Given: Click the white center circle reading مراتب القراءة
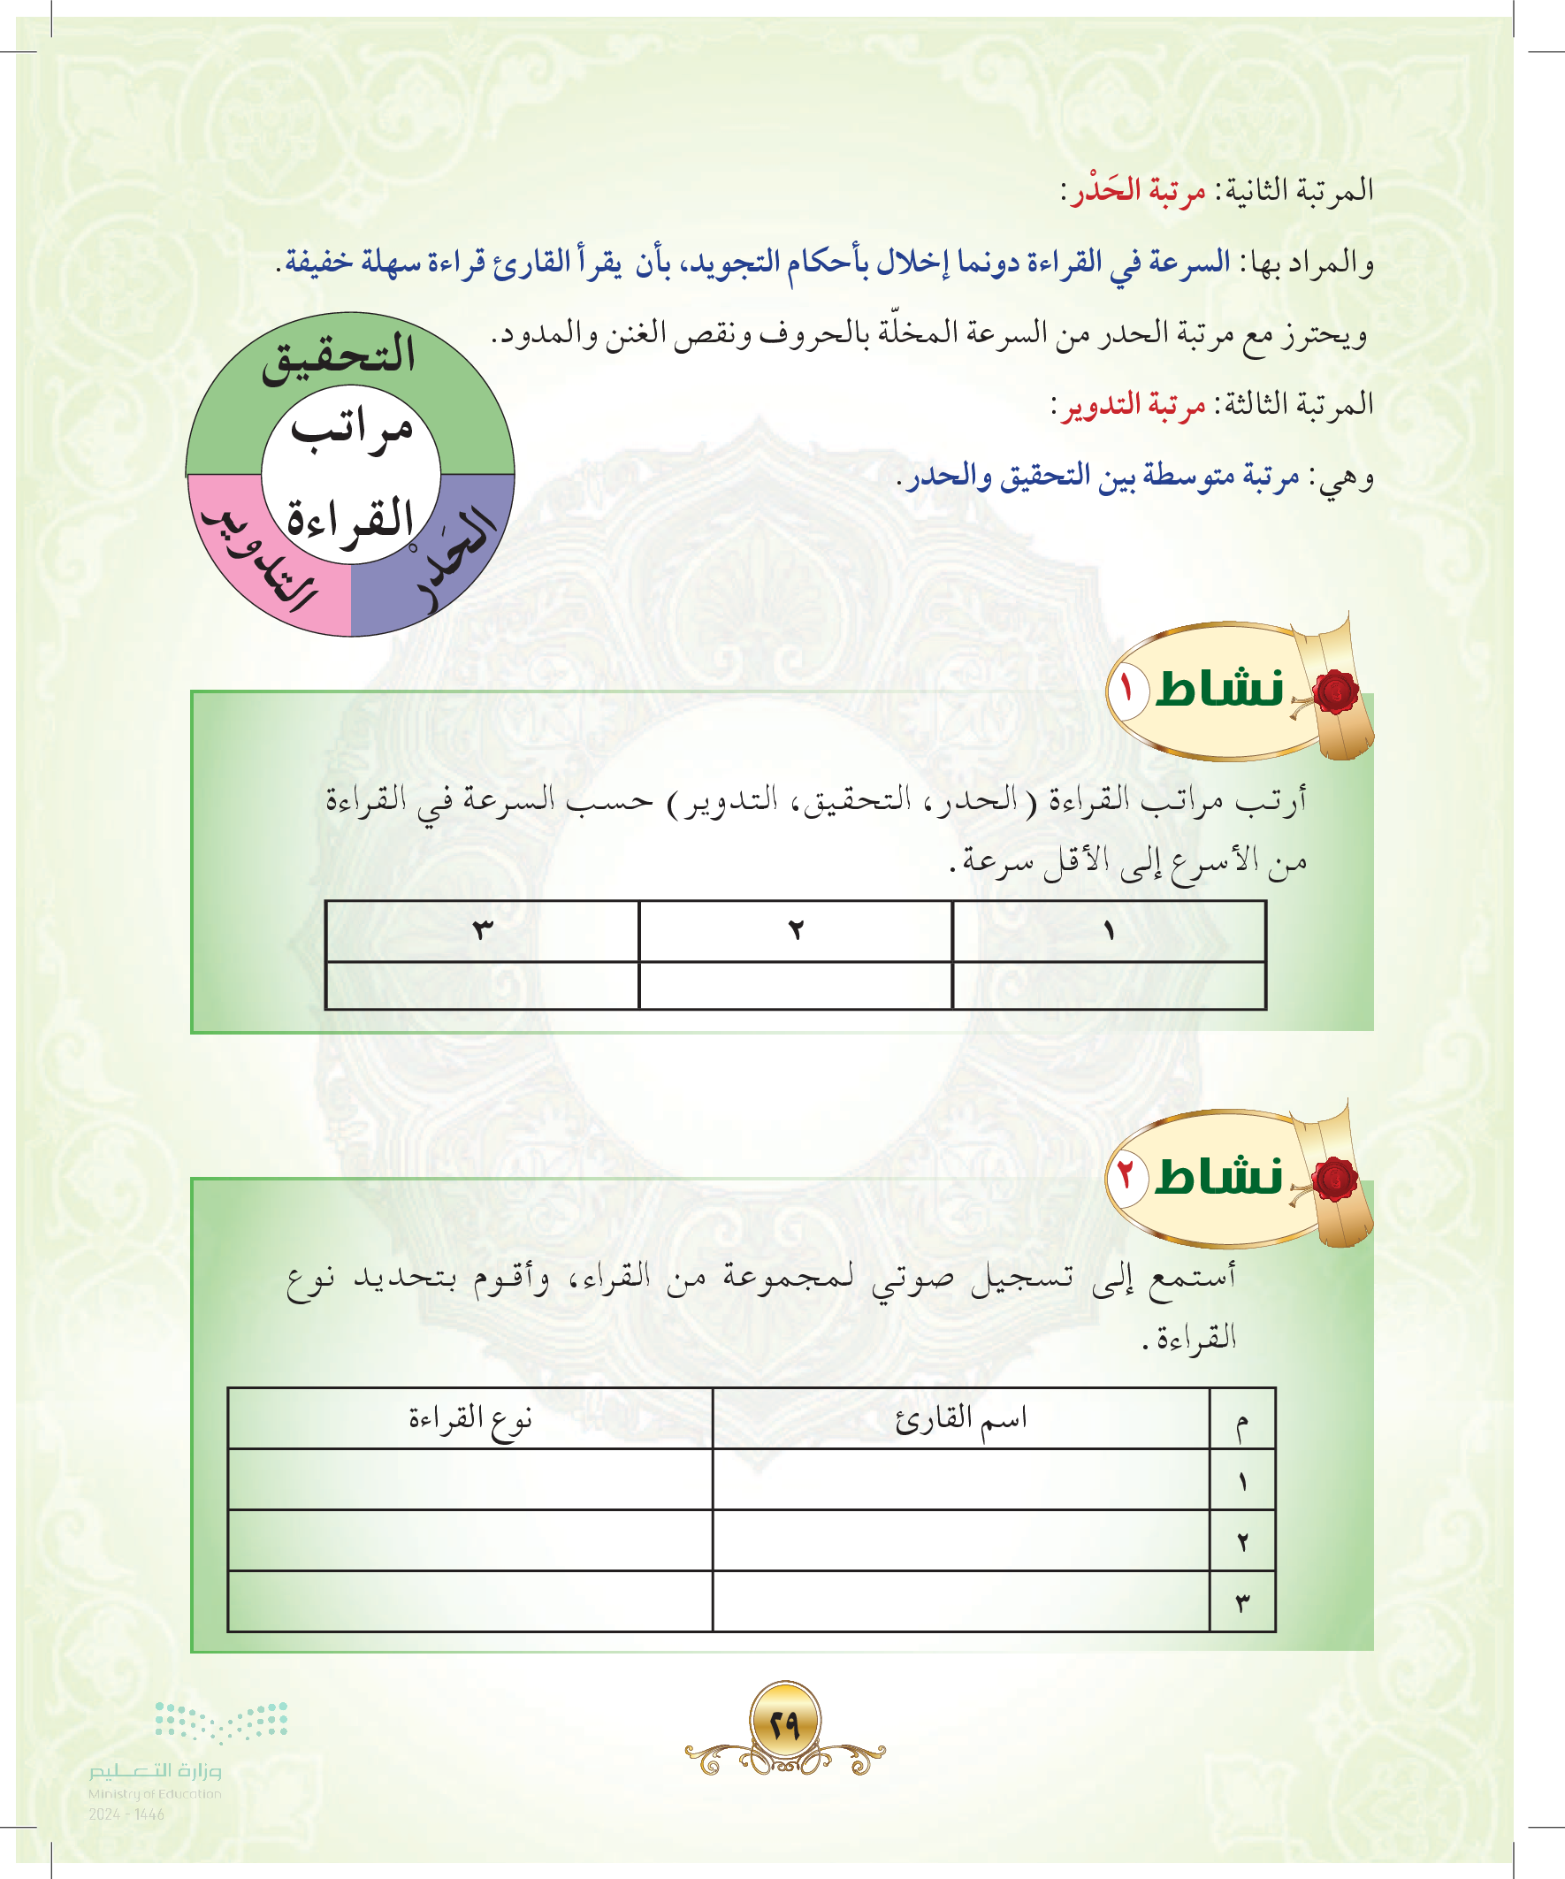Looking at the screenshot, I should pyautogui.click(x=351, y=474).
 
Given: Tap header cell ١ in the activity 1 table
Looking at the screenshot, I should pyautogui.click(x=1109, y=931).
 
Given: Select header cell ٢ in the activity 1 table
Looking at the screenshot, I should pyautogui.click(x=796, y=931).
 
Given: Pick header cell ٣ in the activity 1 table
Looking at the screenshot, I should pyautogui.click(x=482, y=931).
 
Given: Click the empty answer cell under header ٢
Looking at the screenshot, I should pyautogui.click(x=796, y=985).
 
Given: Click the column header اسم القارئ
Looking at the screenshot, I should pyautogui.click(x=961, y=1419).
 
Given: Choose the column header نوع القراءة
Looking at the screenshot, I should pyautogui.click(x=469, y=1419).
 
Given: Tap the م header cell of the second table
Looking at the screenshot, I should pyautogui.click(x=1242, y=1419).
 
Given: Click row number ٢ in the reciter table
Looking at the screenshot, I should pyautogui.click(x=1242, y=1540).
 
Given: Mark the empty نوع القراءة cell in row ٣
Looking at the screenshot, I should pyautogui.click(x=469, y=1601).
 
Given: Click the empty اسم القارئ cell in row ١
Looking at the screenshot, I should pyautogui.click(x=961, y=1480).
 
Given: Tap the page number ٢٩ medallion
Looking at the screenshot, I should pyautogui.click(x=785, y=1723).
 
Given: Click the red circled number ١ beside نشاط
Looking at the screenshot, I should pyautogui.click(x=1127, y=689).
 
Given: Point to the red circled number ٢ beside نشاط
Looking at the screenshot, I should pyautogui.click(x=1127, y=1175).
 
